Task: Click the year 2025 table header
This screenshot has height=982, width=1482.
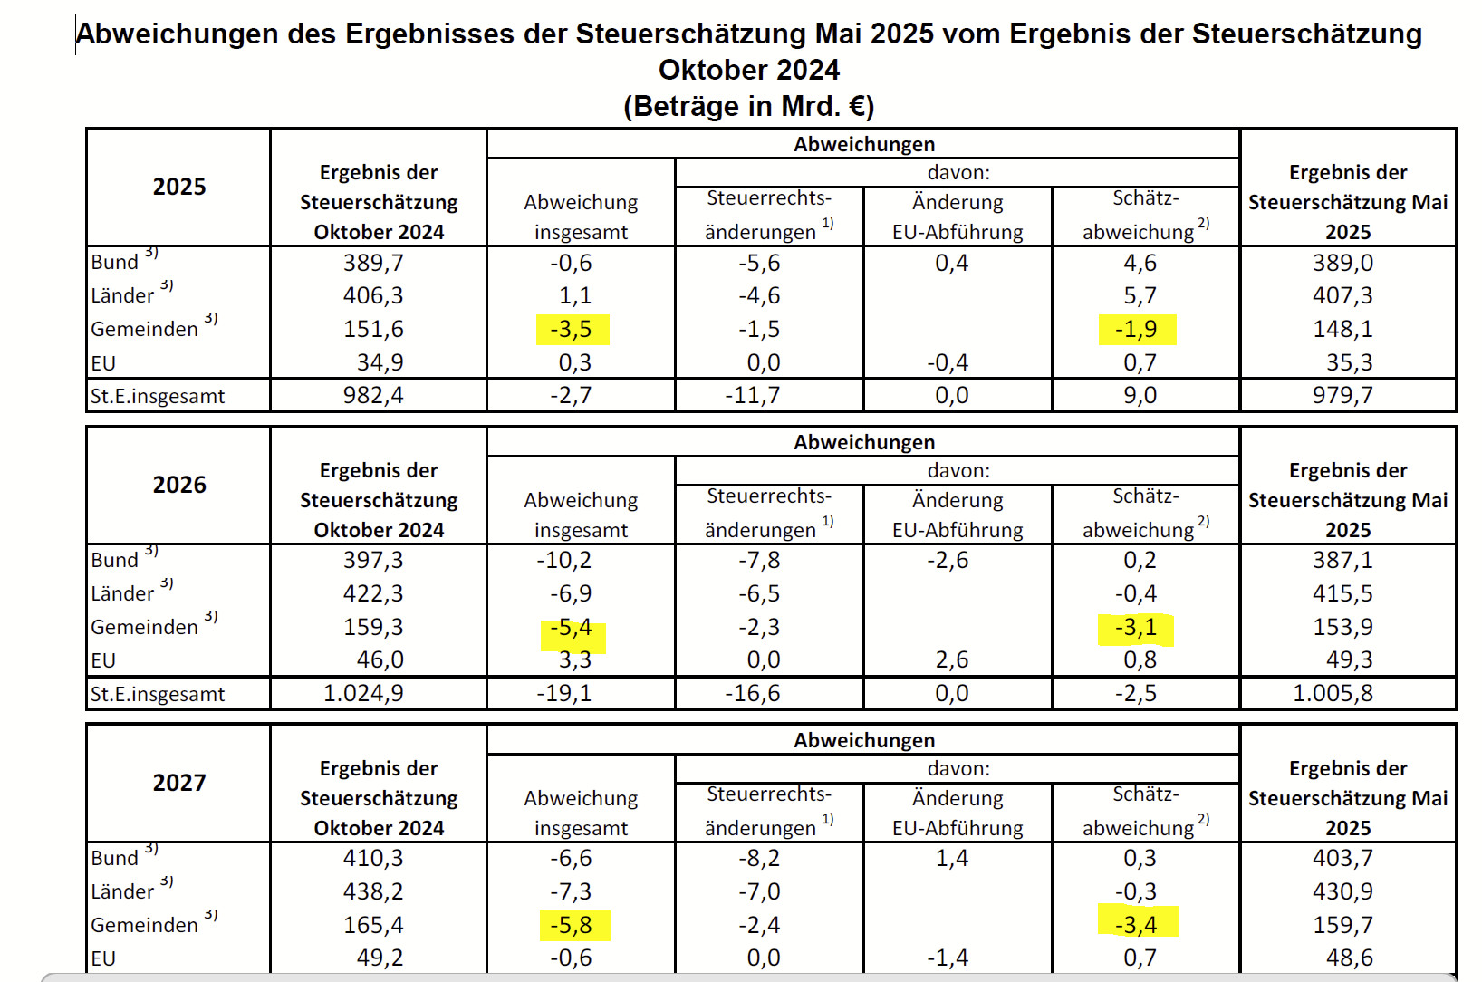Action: click(179, 187)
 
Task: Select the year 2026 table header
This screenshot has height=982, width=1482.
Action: click(179, 485)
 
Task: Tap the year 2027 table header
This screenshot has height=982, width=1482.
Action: click(179, 783)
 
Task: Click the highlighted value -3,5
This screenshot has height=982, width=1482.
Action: click(572, 329)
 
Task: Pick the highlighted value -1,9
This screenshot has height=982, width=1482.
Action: click(1137, 329)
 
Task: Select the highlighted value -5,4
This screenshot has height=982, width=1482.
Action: click(572, 628)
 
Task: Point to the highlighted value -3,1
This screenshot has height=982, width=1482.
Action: click(1136, 627)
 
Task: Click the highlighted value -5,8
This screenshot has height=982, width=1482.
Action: click(572, 925)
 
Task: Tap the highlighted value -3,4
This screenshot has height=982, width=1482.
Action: click(1136, 924)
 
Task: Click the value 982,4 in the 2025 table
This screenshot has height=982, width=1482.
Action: click(373, 395)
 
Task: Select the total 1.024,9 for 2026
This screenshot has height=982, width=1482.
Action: click(364, 693)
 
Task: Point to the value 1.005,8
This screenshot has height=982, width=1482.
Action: click(1333, 693)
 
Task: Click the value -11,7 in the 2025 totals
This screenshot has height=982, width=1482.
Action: click(753, 395)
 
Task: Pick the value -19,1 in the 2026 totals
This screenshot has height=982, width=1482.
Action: click(564, 693)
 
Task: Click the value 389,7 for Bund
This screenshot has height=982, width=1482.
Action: click(373, 263)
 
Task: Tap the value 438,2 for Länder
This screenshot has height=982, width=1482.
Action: click(373, 891)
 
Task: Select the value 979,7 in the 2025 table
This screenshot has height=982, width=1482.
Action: click(1343, 395)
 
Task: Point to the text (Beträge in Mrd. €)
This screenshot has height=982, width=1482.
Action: click(748, 106)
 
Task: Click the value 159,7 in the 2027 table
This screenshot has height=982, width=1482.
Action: click(1343, 925)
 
